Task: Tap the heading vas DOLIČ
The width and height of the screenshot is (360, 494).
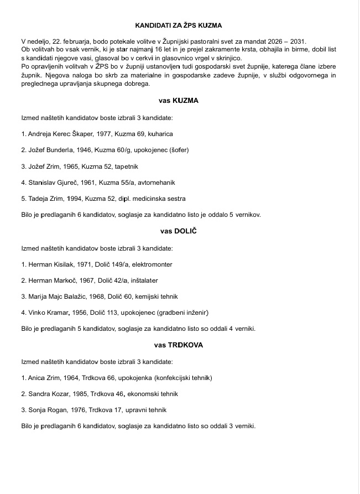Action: pyautogui.click(x=179, y=231)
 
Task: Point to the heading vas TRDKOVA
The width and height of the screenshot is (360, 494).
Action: pyautogui.click(x=179, y=345)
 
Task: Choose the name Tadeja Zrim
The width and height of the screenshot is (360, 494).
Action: pyautogui.click(x=42, y=198)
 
